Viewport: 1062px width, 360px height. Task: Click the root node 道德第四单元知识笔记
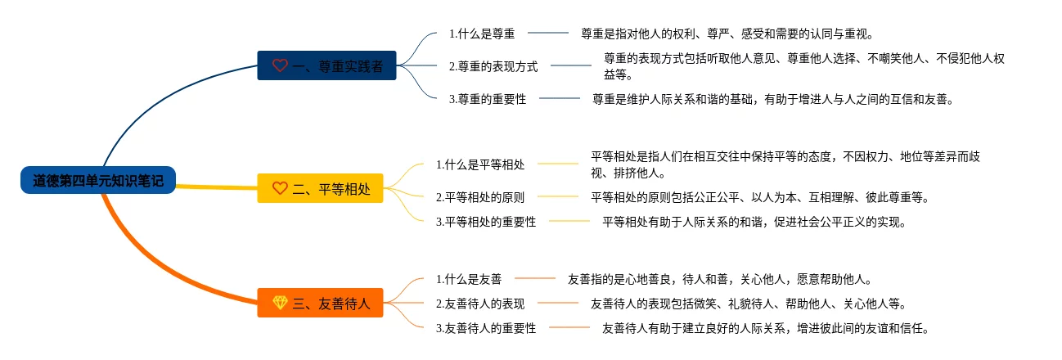click(98, 180)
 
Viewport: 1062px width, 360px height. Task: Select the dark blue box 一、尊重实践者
click(326, 65)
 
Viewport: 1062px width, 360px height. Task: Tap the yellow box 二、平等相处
click(320, 188)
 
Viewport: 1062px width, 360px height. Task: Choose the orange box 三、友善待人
click(320, 303)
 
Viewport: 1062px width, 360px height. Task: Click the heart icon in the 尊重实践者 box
click(280, 65)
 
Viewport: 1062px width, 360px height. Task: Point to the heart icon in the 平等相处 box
click(280, 188)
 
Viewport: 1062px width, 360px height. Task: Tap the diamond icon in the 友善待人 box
click(280, 303)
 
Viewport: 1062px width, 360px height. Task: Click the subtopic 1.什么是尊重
click(482, 34)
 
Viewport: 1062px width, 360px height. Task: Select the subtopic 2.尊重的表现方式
click(493, 66)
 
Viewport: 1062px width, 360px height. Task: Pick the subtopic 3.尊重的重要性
click(488, 99)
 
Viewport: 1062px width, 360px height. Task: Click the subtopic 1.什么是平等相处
click(479, 164)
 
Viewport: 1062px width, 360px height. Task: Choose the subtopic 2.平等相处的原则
click(479, 197)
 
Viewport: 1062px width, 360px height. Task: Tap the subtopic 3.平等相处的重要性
click(486, 222)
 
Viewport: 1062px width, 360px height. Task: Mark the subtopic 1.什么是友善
click(469, 279)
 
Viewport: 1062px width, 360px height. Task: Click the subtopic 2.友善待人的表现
click(479, 304)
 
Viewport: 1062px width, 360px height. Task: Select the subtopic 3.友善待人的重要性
click(486, 328)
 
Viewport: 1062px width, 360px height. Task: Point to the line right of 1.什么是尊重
click(548, 33)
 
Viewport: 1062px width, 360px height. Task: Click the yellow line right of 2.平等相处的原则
click(558, 196)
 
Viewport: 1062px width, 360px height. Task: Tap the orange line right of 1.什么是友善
click(535, 278)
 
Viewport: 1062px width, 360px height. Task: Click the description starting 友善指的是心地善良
click(720, 279)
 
